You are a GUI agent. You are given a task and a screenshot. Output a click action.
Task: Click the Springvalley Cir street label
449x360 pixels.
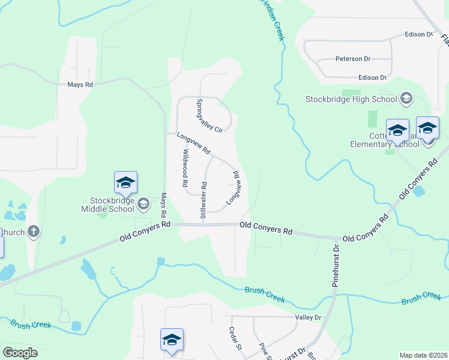coord(209,116)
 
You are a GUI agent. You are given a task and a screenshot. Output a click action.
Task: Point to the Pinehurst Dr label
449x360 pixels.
coord(336,265)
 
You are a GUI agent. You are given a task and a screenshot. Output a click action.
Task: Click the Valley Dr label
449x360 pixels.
coord(309,317)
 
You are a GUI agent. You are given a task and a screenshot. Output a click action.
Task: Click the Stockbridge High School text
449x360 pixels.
coord(351,99)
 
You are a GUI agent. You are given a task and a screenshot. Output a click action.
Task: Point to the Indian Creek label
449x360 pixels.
coord(272,21)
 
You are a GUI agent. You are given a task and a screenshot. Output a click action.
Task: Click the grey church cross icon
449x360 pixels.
coord(34,231)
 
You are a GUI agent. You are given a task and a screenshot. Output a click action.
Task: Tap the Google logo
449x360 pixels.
coord(20,353)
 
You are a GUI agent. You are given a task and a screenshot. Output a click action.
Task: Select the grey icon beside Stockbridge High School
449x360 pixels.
coord(406,98)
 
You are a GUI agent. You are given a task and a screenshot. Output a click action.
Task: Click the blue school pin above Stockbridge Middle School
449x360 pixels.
coord(125,182)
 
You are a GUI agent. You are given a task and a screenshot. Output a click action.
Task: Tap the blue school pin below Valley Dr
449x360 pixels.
coord(172,340)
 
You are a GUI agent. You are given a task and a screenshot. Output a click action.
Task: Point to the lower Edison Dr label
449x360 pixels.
coord(372,77)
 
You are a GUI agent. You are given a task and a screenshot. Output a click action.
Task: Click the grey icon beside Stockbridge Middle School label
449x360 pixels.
coord(143,205)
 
